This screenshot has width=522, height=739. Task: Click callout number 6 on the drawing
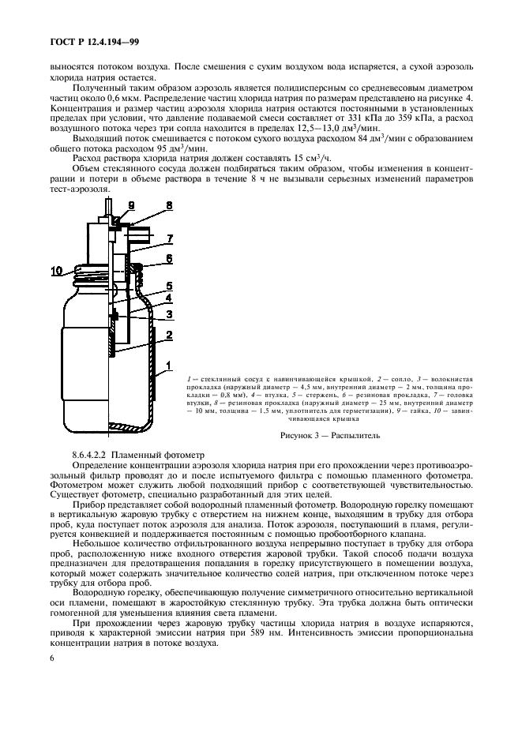pos(168,259)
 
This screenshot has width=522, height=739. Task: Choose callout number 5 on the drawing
pos(168,285)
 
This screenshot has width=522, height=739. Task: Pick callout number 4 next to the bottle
pos(168,298)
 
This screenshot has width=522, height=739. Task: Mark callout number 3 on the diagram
pos(168,314)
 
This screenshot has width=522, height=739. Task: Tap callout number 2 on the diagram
pos(168,336)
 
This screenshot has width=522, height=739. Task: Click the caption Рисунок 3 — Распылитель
pos(331,433)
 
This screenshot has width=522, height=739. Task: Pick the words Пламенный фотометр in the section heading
pos(166,455)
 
